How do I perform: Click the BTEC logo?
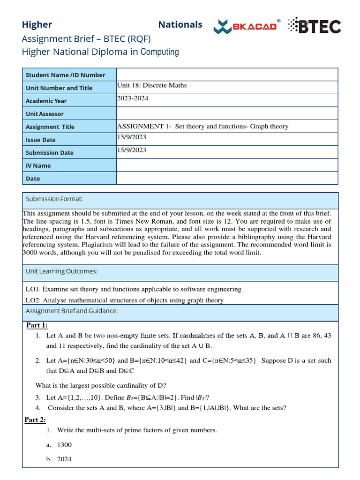tap(314, 26)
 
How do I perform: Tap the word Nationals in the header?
tap(180, 25)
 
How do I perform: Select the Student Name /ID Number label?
tap(65, 75)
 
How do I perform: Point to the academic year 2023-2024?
tap(133, 98)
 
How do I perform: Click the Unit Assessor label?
tap(45, 114)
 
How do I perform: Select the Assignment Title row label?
tap(50, 127)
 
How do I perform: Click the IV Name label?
tap(38, 165)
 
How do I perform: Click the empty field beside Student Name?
tap(227, 75)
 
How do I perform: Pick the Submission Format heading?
tap(54, 199)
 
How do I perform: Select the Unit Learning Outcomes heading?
tap(61, 271)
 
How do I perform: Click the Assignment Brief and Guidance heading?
tap(71, 311)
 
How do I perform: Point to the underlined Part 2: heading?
tap(35, 420)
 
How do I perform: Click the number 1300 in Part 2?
tap(64, 445)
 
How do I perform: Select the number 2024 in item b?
tap(64, 459)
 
